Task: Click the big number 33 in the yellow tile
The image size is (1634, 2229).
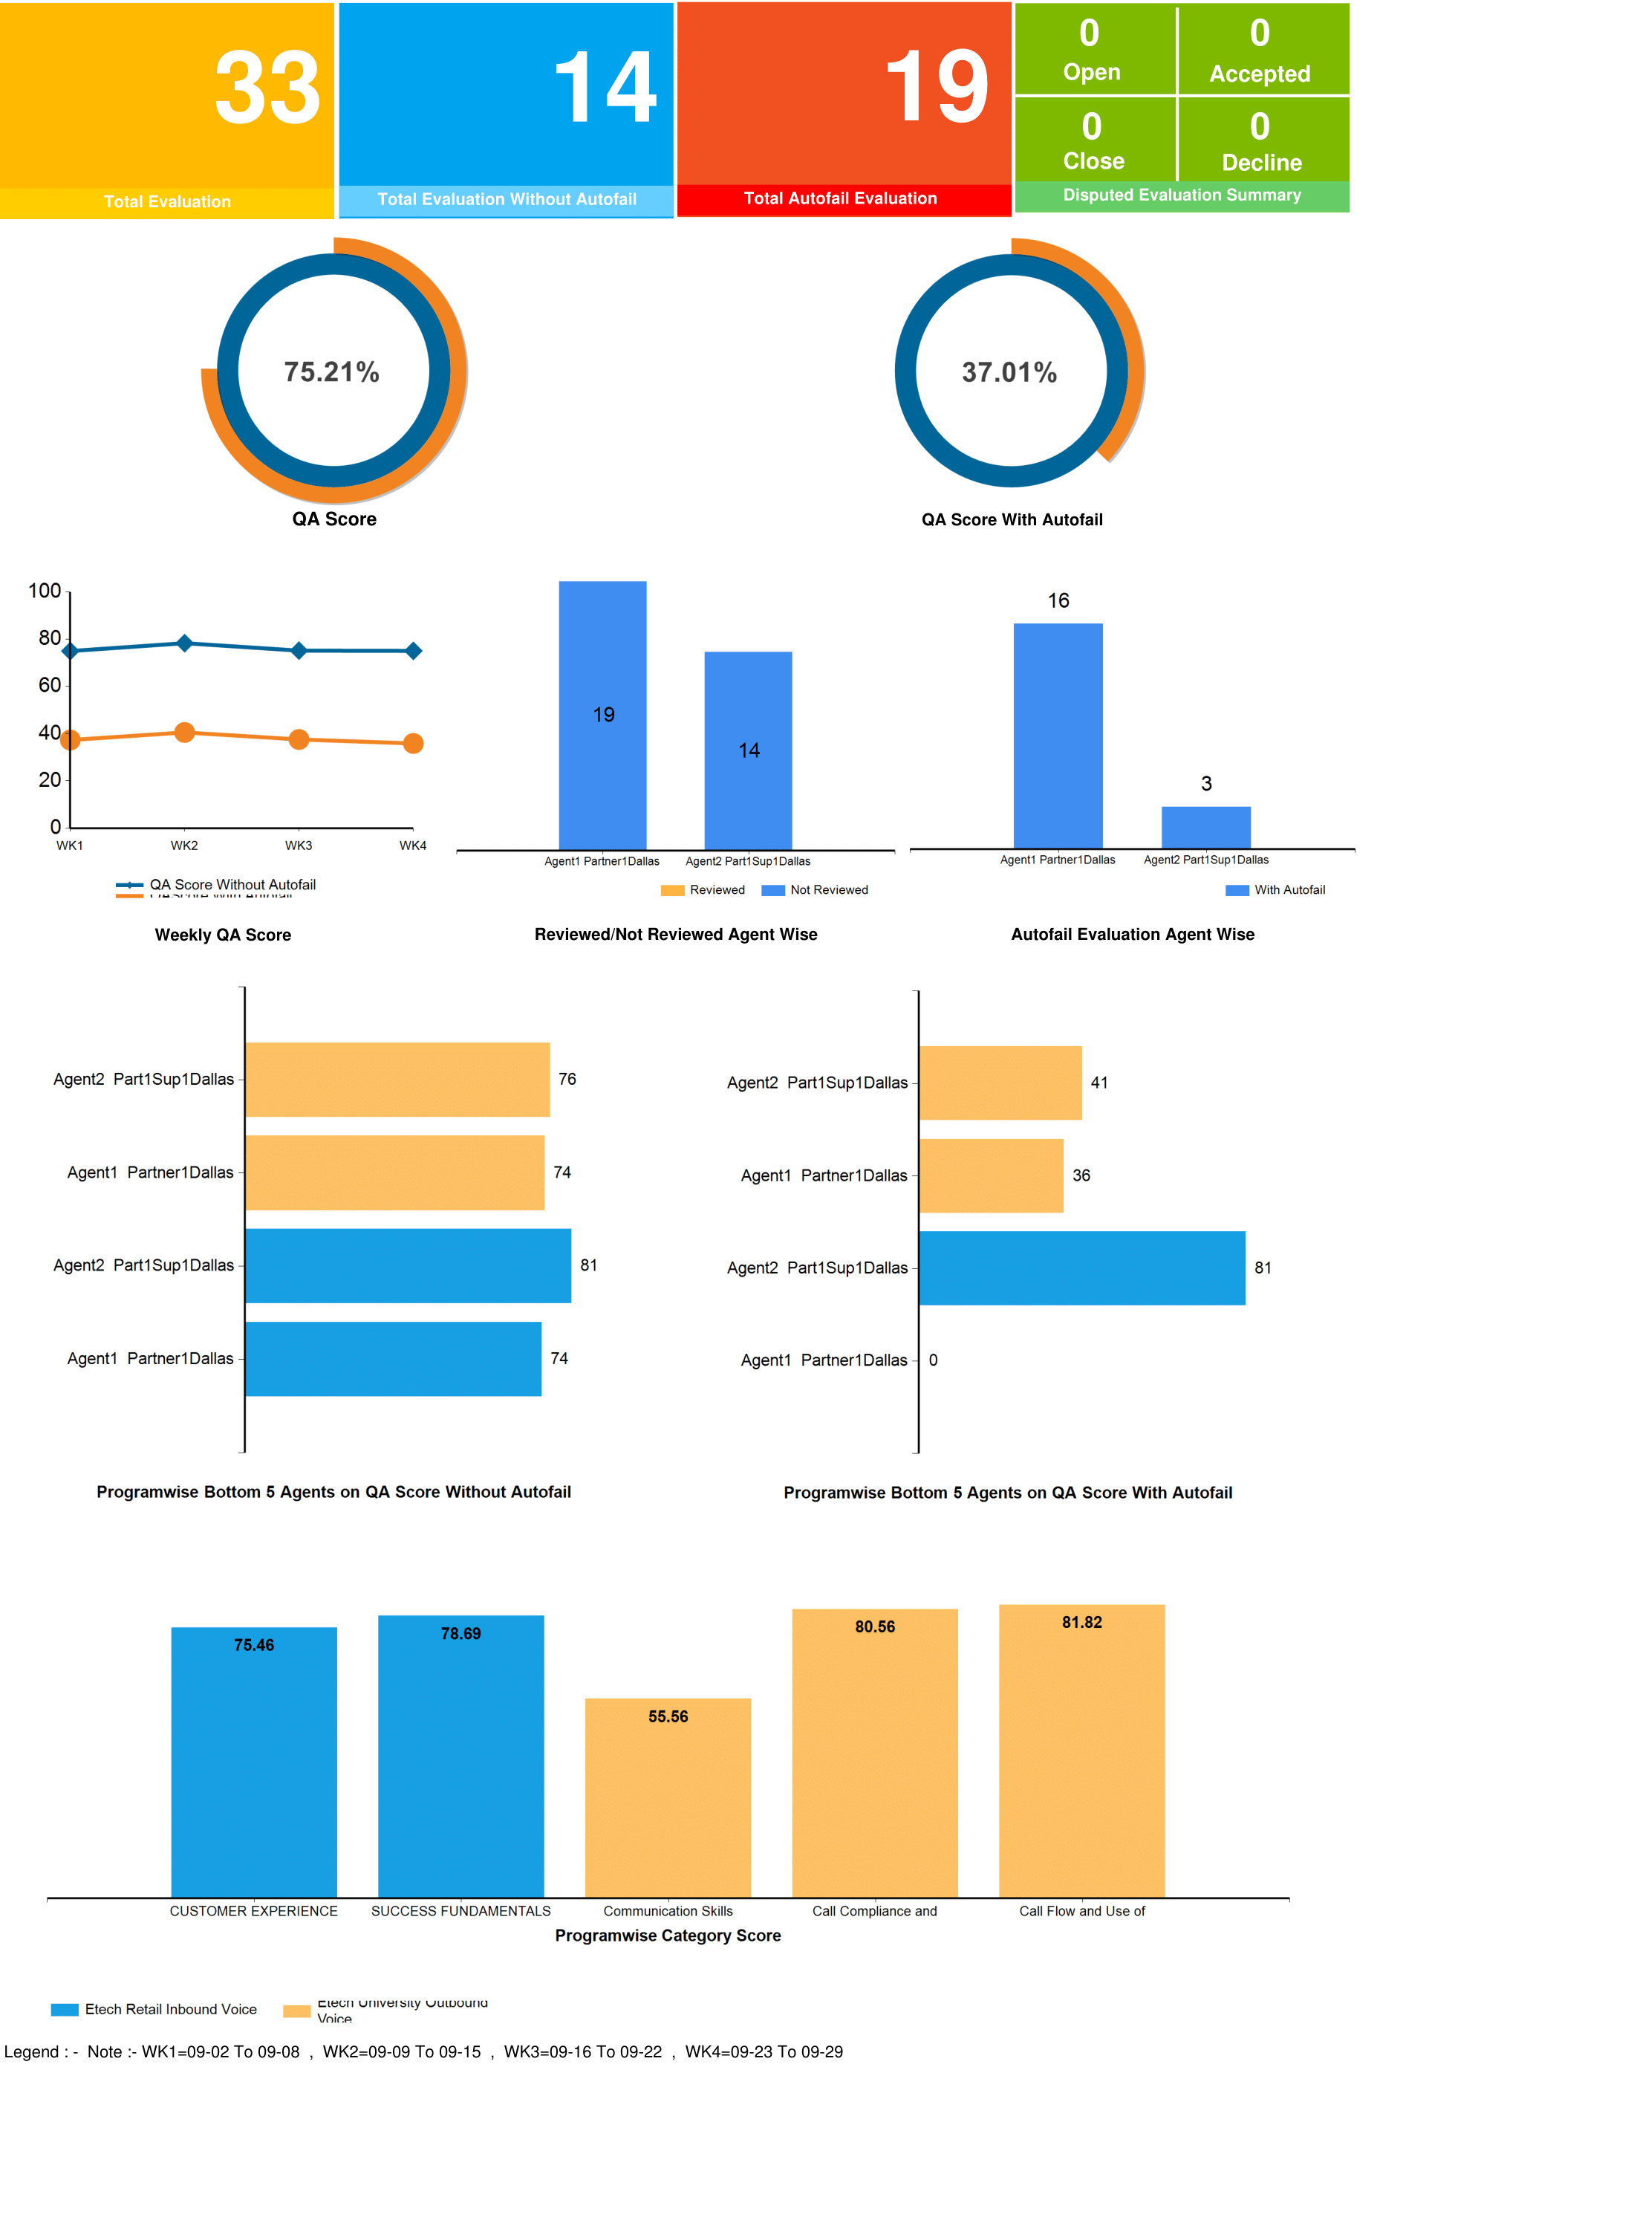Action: (x=267, y=89)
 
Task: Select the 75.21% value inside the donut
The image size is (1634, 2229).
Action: (x=331, y=372)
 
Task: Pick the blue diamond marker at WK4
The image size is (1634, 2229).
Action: (x=414, y=651)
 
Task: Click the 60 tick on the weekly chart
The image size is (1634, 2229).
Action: (x=50, y=684)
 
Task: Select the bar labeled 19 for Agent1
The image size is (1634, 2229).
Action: (x=602, y=714)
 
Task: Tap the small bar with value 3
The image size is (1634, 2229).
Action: (x=1205, y=827)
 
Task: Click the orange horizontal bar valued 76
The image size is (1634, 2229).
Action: (x=397, y=1080)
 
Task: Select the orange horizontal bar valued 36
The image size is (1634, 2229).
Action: (x=991, y=1175)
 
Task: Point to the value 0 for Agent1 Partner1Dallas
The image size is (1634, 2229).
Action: (x=933, y=1360)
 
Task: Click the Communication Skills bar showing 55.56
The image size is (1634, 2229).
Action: (x=668, y=1797)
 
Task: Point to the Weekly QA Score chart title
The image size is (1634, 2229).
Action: (x=223, y=935)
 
